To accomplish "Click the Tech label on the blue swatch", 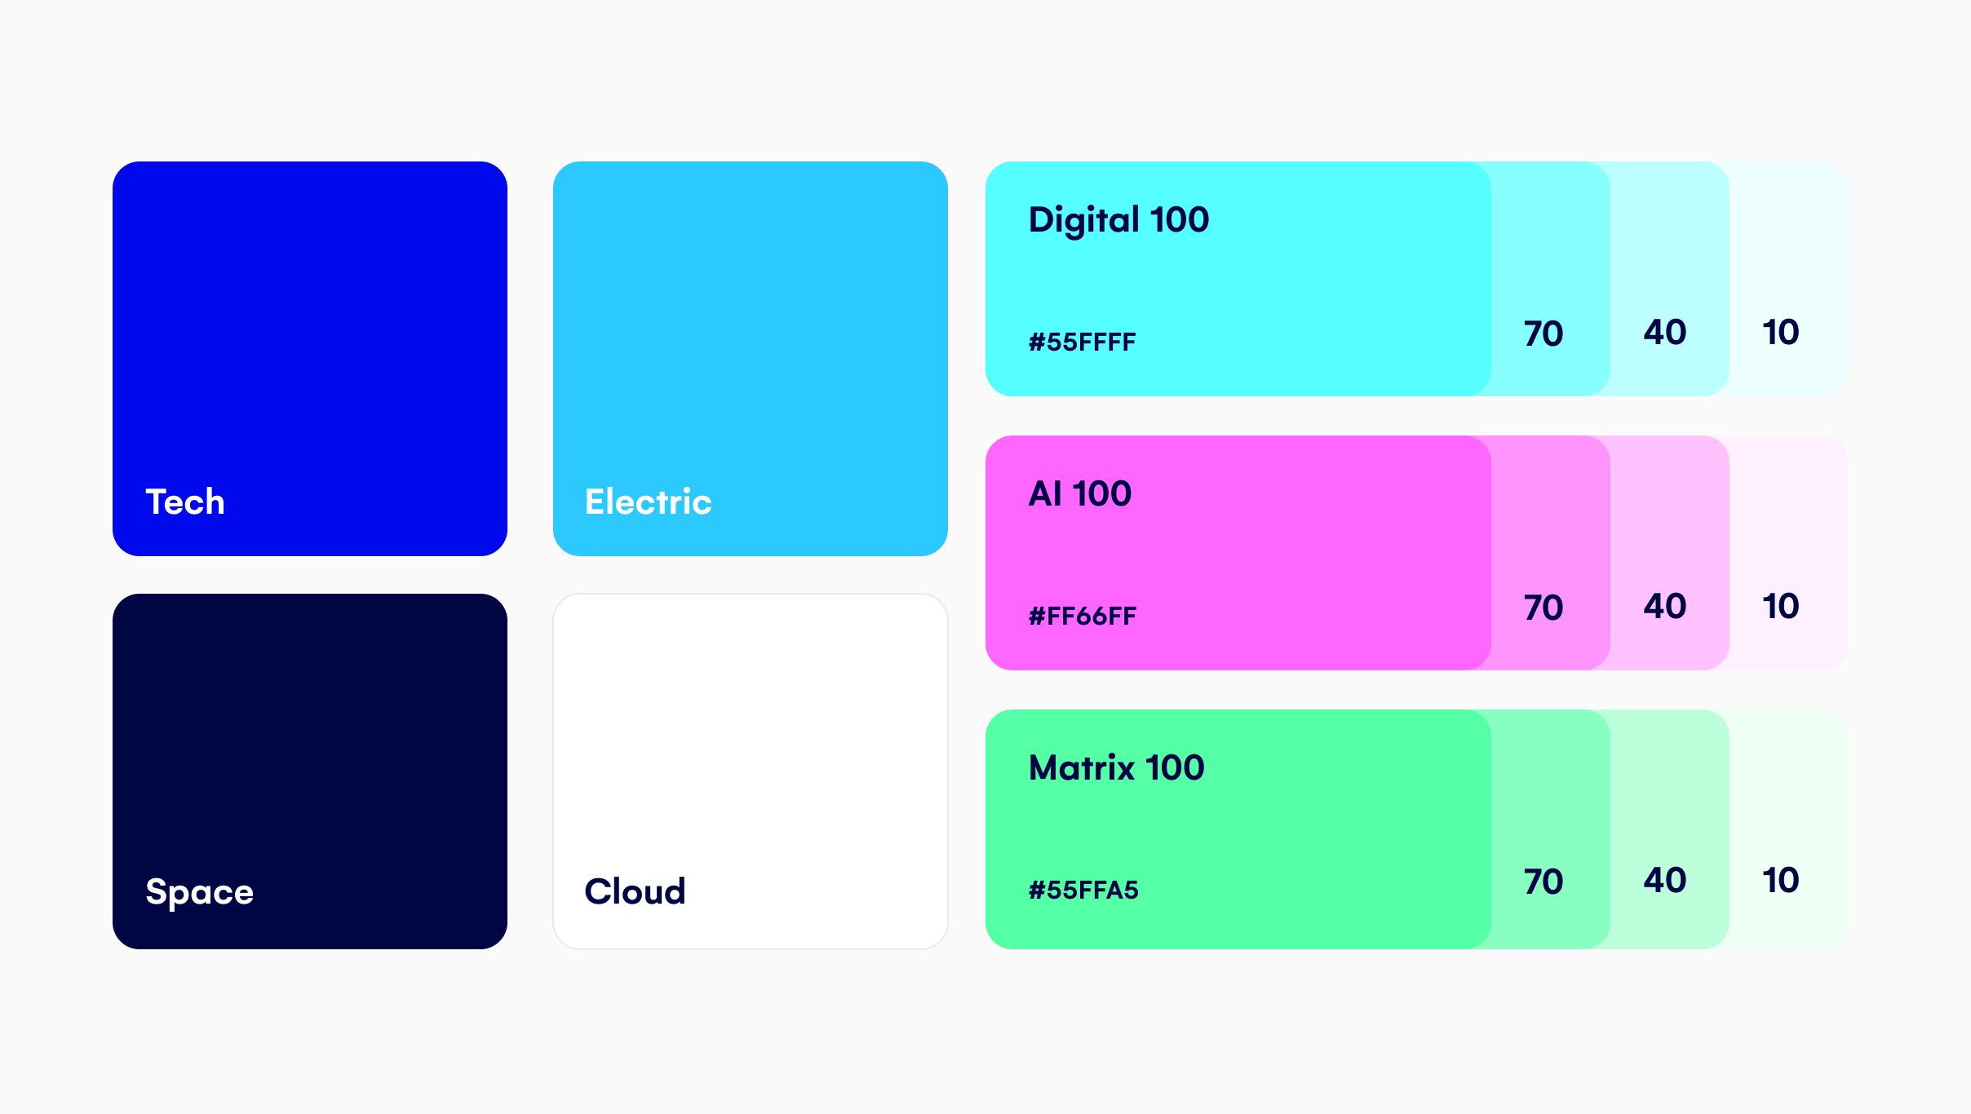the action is point(185,502).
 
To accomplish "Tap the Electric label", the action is point(649,502).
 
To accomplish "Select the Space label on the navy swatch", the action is point(200,892).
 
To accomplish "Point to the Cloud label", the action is point(636,891).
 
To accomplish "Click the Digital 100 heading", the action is point(1118,220).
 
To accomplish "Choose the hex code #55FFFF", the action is point(1082,342).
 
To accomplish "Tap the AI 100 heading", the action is point(1080,493).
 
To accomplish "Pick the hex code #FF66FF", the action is point(1082,616).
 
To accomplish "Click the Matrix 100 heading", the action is point(1117,767).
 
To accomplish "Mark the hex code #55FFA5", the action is point(1083,890).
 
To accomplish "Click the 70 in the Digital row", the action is point(1544,334).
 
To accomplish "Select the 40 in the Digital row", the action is point(1665,332).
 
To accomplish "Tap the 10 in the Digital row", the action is point(1781,332).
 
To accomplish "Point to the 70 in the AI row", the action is point(1544,608).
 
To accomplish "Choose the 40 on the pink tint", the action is point(1665,606).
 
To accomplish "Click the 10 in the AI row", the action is point(1781,606).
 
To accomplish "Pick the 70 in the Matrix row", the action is point(1544,882).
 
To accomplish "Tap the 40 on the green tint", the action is point(1665,880).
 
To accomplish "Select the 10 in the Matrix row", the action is point(1781,880).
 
